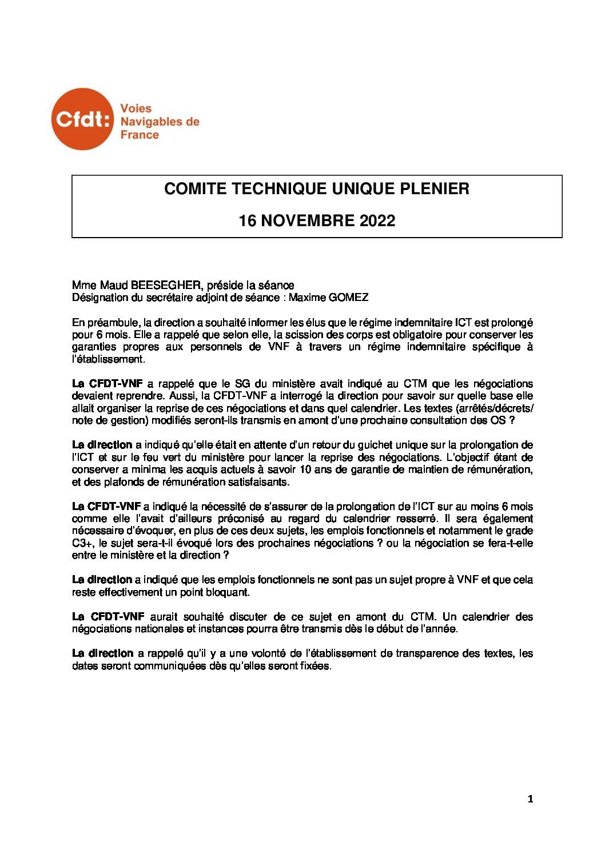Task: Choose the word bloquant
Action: (222, 592)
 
